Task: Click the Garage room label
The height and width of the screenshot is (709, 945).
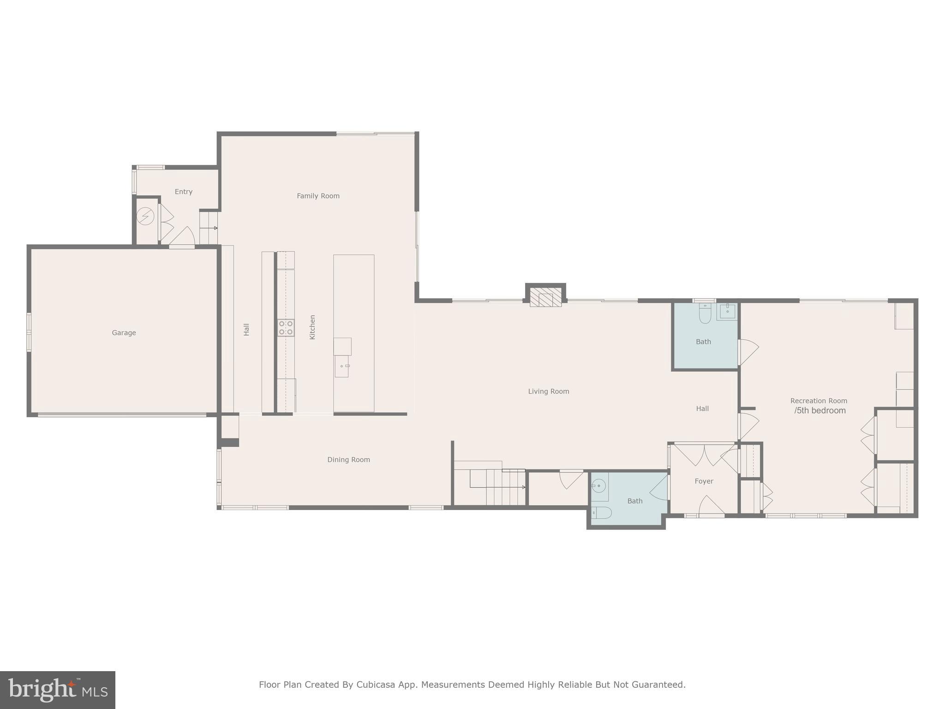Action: click(124, 333)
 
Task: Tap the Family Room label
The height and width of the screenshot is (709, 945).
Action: click(318, 196)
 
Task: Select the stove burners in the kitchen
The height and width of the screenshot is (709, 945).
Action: click(286, 328)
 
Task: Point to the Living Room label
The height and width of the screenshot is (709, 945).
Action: click(548, 391)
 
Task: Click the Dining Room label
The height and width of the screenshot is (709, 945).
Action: click(348, 460)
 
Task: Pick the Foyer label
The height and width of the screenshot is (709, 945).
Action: click(704, 481)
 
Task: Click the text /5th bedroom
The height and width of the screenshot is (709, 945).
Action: click(820, 411)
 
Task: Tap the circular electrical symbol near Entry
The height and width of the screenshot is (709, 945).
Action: click(145, 216)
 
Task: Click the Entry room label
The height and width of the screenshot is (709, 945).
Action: click(183, 192)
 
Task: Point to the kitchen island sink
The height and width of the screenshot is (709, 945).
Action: click(342, 367)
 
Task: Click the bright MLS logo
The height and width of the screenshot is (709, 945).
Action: click(58, 690)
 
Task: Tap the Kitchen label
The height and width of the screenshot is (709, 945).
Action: click(312, 327)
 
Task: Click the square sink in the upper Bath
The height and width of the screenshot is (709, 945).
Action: click(727, 312)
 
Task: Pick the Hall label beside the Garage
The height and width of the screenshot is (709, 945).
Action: click(246, 329)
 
